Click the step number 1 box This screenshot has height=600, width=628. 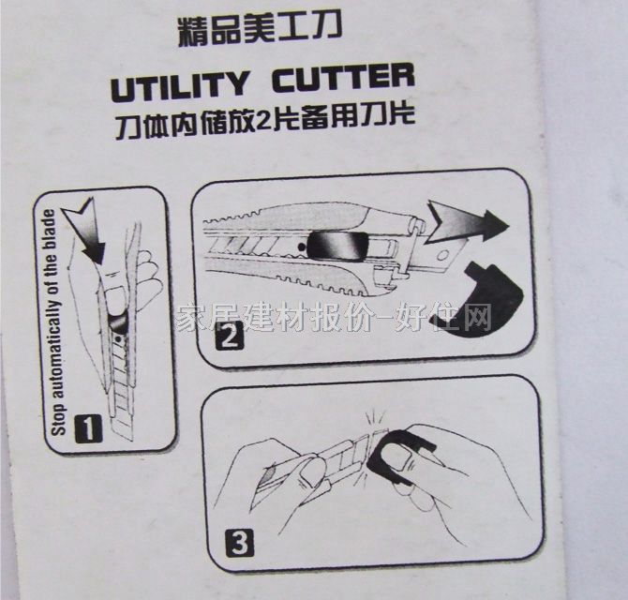coord(85,430)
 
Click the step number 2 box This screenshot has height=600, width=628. coord(225,336)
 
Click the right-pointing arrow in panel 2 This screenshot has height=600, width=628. coord(464,223)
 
